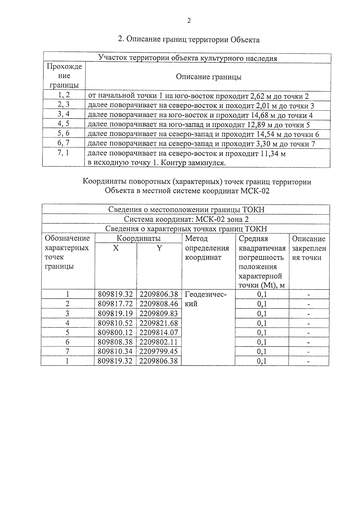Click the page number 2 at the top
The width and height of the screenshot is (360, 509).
[189, 21]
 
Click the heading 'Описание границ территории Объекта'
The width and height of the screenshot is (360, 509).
[189, 40]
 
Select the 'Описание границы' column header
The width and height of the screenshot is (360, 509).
[208, 77]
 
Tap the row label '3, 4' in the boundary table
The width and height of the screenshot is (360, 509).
[64, 114]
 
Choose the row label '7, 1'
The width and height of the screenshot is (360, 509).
[63, 153]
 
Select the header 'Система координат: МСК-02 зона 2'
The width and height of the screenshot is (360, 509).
[186, 219]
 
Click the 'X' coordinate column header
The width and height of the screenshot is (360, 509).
[116, 248]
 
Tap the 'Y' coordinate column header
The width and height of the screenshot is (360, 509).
[159, 248]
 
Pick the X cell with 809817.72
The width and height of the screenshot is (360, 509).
[115, 304]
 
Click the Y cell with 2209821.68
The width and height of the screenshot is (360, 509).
[159, 323]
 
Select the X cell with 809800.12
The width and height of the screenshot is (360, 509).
[115, 333]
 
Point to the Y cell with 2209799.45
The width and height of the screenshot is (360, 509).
[159, 351]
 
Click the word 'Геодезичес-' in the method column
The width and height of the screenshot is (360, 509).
[205, 294]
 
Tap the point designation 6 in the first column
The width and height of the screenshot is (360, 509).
[67, 342]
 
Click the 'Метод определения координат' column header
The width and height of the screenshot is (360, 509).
[207, 248]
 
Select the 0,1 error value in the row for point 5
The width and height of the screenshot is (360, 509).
[262, 333]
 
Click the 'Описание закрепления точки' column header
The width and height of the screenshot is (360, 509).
[309, 248]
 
